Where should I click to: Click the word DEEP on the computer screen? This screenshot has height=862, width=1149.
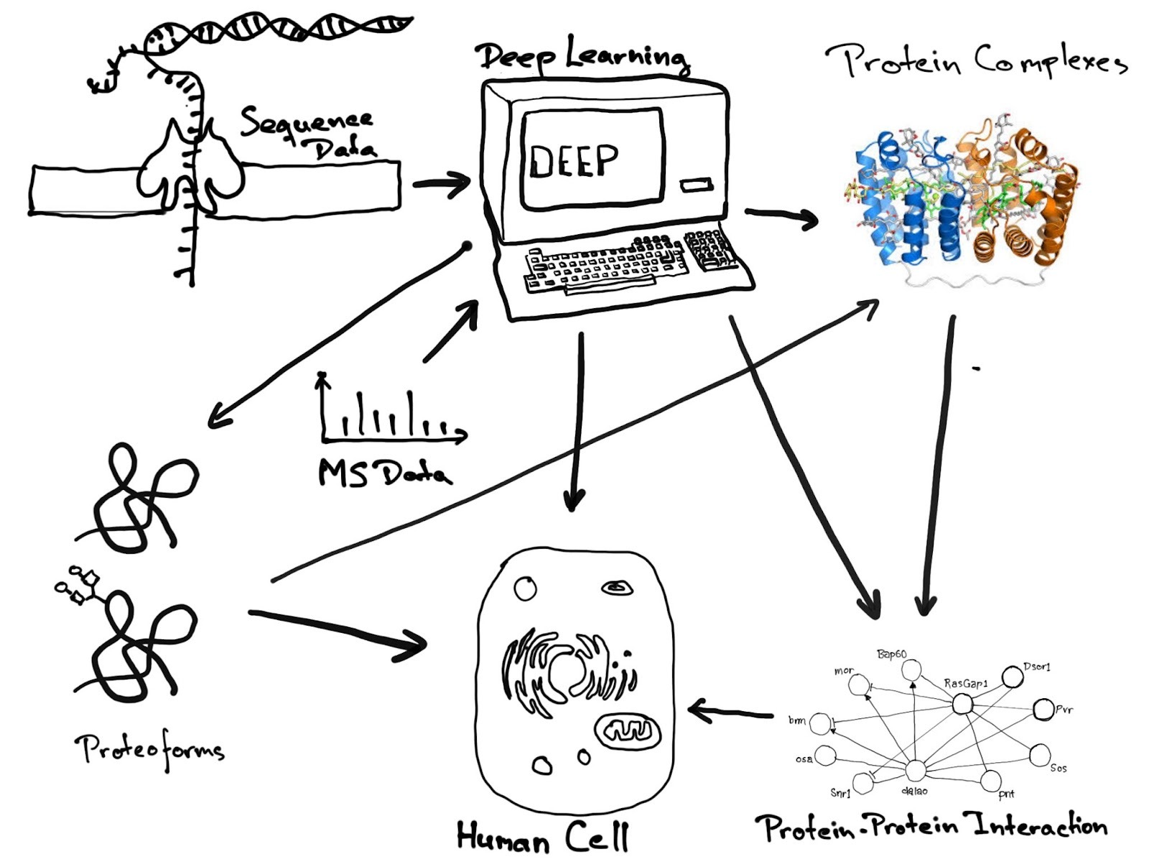(x=573, y=160)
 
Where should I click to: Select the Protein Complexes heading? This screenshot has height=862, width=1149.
(x=977, y=60)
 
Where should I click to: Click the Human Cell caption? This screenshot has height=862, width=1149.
(x=542, y=837)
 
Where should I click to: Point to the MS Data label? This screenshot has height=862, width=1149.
(x=385, y=473)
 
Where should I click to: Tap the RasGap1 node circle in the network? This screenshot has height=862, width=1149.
(x=962, y=703)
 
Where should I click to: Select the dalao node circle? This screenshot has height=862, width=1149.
(x=914, y=771)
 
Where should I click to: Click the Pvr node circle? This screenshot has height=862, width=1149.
(x=1042, y=710)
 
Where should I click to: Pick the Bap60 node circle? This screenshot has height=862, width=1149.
(x=911, y=671)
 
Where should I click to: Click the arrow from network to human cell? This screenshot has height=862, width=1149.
(x=729, y=713)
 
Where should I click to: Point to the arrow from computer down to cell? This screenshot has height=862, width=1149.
(x=574, y=424)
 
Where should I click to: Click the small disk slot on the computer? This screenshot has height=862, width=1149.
(x=694, y=186)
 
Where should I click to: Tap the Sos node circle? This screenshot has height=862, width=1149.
(x=1039, y=755)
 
